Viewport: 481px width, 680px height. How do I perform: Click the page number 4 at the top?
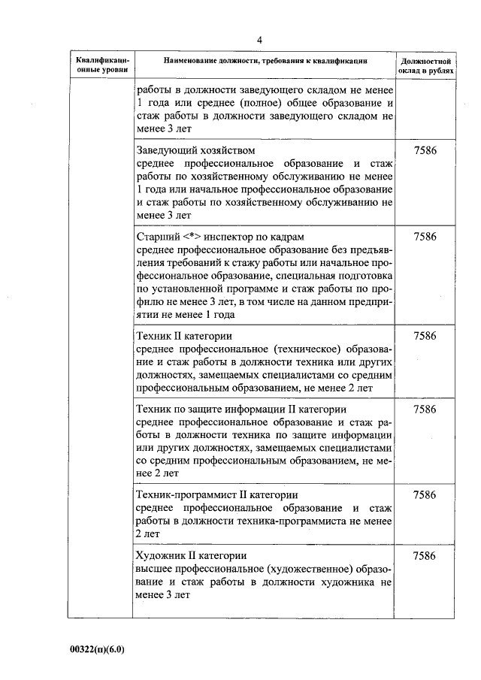point(259,40)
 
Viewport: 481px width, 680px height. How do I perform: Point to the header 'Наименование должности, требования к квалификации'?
point(265,60)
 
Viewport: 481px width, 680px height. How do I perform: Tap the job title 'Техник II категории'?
point(182,335)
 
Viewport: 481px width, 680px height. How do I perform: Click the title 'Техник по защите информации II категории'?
point(240,410)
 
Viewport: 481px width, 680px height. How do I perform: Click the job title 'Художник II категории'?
point(192,556)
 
